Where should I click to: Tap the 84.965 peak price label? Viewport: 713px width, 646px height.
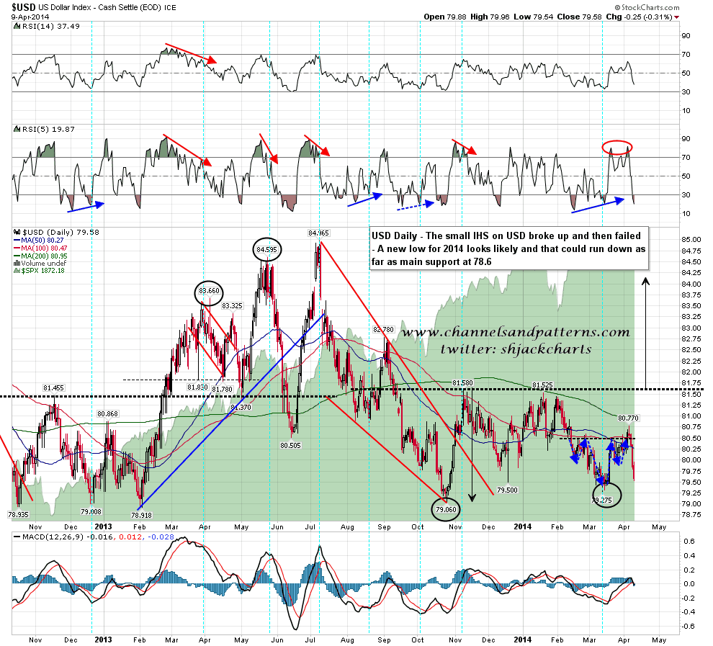tap(318, 233)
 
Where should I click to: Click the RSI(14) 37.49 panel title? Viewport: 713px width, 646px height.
tap(37, 27)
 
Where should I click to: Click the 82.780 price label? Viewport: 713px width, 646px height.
tap(385, 329)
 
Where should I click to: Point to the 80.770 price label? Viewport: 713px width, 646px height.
tap(629, 418)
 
